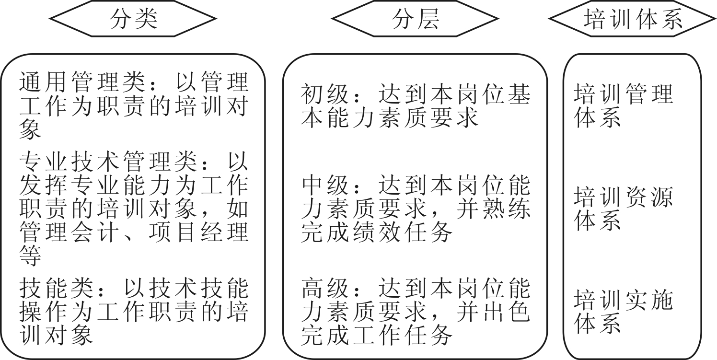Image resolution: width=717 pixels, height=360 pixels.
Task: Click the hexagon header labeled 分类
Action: click(133, 19)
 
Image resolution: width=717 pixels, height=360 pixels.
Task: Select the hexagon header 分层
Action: click(415, 19)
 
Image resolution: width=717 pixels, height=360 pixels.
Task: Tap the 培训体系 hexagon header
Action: click(633, 19)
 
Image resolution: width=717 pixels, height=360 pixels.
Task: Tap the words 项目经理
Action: click(199, 232)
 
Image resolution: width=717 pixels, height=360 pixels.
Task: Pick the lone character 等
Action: click(30, 255)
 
